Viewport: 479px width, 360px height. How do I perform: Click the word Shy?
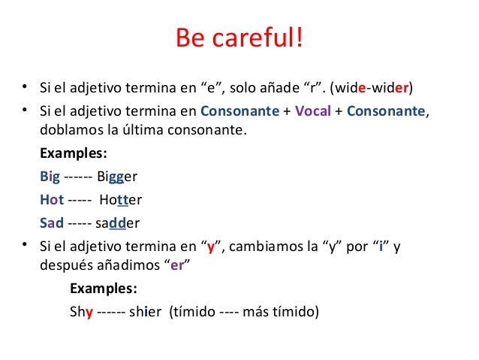coord(81,312)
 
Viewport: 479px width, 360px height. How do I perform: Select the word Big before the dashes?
coord(50,178)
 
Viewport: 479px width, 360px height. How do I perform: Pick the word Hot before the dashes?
coord(51,201)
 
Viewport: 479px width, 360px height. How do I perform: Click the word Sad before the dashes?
coord(51,223)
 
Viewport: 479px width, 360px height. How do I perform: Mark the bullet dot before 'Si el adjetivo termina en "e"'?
coord(24,87)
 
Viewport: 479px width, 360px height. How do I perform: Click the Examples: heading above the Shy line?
coord(103,289)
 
